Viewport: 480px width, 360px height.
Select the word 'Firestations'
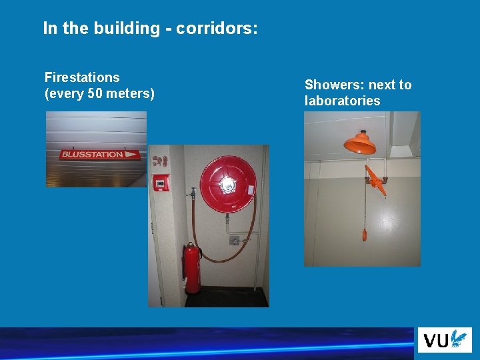82,78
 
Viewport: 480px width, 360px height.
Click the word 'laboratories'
342,101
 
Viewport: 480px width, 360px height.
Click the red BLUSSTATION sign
100,154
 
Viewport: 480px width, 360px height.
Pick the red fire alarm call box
161,183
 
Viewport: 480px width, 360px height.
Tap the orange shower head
359,142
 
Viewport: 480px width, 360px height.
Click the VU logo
445,340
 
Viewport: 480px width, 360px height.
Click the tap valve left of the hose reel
192,193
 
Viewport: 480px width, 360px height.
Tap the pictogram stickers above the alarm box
160,161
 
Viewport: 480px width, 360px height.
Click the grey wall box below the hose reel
234,239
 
